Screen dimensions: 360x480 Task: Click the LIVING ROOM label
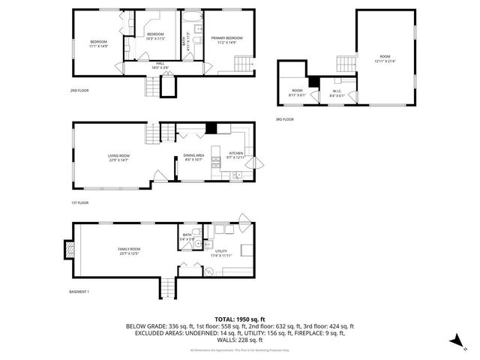118,155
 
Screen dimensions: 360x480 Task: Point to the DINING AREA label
195,155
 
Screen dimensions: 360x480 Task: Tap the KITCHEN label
236,152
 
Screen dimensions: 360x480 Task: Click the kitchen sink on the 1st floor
235,175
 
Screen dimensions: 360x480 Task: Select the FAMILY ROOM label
128,249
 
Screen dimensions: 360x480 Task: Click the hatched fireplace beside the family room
69,249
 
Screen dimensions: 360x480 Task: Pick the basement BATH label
187,235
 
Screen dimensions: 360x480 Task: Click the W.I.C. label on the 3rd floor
337,91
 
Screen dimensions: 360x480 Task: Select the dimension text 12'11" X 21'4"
385,61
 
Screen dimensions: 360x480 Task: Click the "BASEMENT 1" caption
79,291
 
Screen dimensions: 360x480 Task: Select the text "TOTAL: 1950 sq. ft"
240,319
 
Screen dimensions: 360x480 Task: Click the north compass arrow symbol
455,342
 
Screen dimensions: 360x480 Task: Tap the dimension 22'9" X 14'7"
118,160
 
